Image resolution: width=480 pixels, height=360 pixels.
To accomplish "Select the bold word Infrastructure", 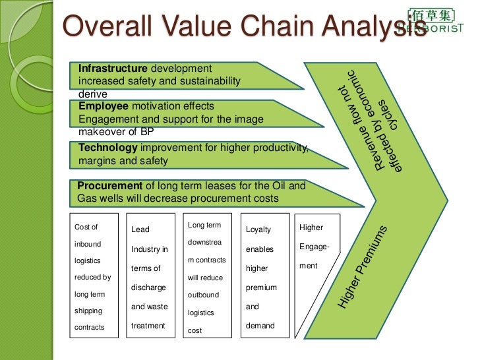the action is (113, 69).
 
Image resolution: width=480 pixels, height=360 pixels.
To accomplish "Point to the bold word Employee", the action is (104, 106).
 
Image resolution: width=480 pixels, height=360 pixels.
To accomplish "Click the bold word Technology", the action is (109, 147).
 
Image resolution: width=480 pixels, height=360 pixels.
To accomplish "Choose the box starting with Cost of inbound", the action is (94, 274).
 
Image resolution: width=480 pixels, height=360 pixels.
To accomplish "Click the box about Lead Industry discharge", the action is (151, 274).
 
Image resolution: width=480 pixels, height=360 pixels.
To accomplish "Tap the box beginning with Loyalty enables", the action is (264, 274).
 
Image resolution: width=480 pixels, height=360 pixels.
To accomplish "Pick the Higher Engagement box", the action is (315, 251).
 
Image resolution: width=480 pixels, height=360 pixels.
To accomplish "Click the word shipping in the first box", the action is (88, 311).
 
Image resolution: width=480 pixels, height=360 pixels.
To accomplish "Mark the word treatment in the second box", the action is (148, 326).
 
